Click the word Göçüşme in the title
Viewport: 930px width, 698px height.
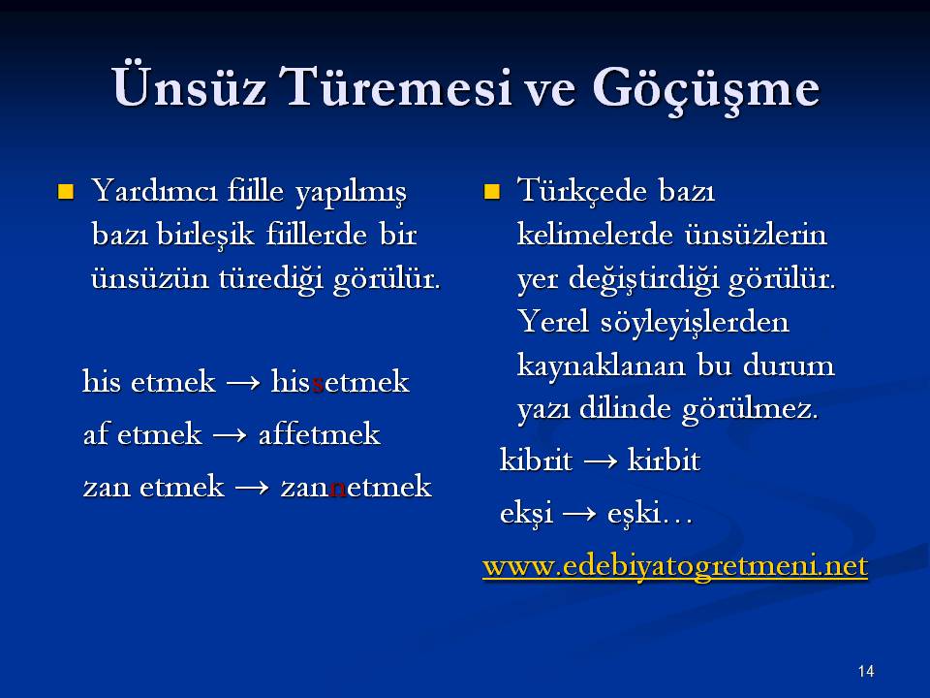[706, 89]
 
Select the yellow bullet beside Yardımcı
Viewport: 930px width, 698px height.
[65, 192]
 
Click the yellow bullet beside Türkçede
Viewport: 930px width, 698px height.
[492, 192]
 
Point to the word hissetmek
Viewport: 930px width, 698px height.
[340, 381]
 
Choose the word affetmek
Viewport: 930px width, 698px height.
[319, 433]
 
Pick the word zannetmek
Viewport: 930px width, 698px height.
[356, 487]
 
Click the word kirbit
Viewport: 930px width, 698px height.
[665, 460]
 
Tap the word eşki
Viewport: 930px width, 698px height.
[634, 514]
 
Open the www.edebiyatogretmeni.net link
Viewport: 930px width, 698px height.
[675, 565]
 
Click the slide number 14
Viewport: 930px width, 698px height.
[866, 671]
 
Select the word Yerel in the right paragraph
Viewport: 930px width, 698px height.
[554, 322]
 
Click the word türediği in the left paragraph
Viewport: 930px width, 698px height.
[271, 279]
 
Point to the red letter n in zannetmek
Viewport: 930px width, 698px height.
[338, 489]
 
